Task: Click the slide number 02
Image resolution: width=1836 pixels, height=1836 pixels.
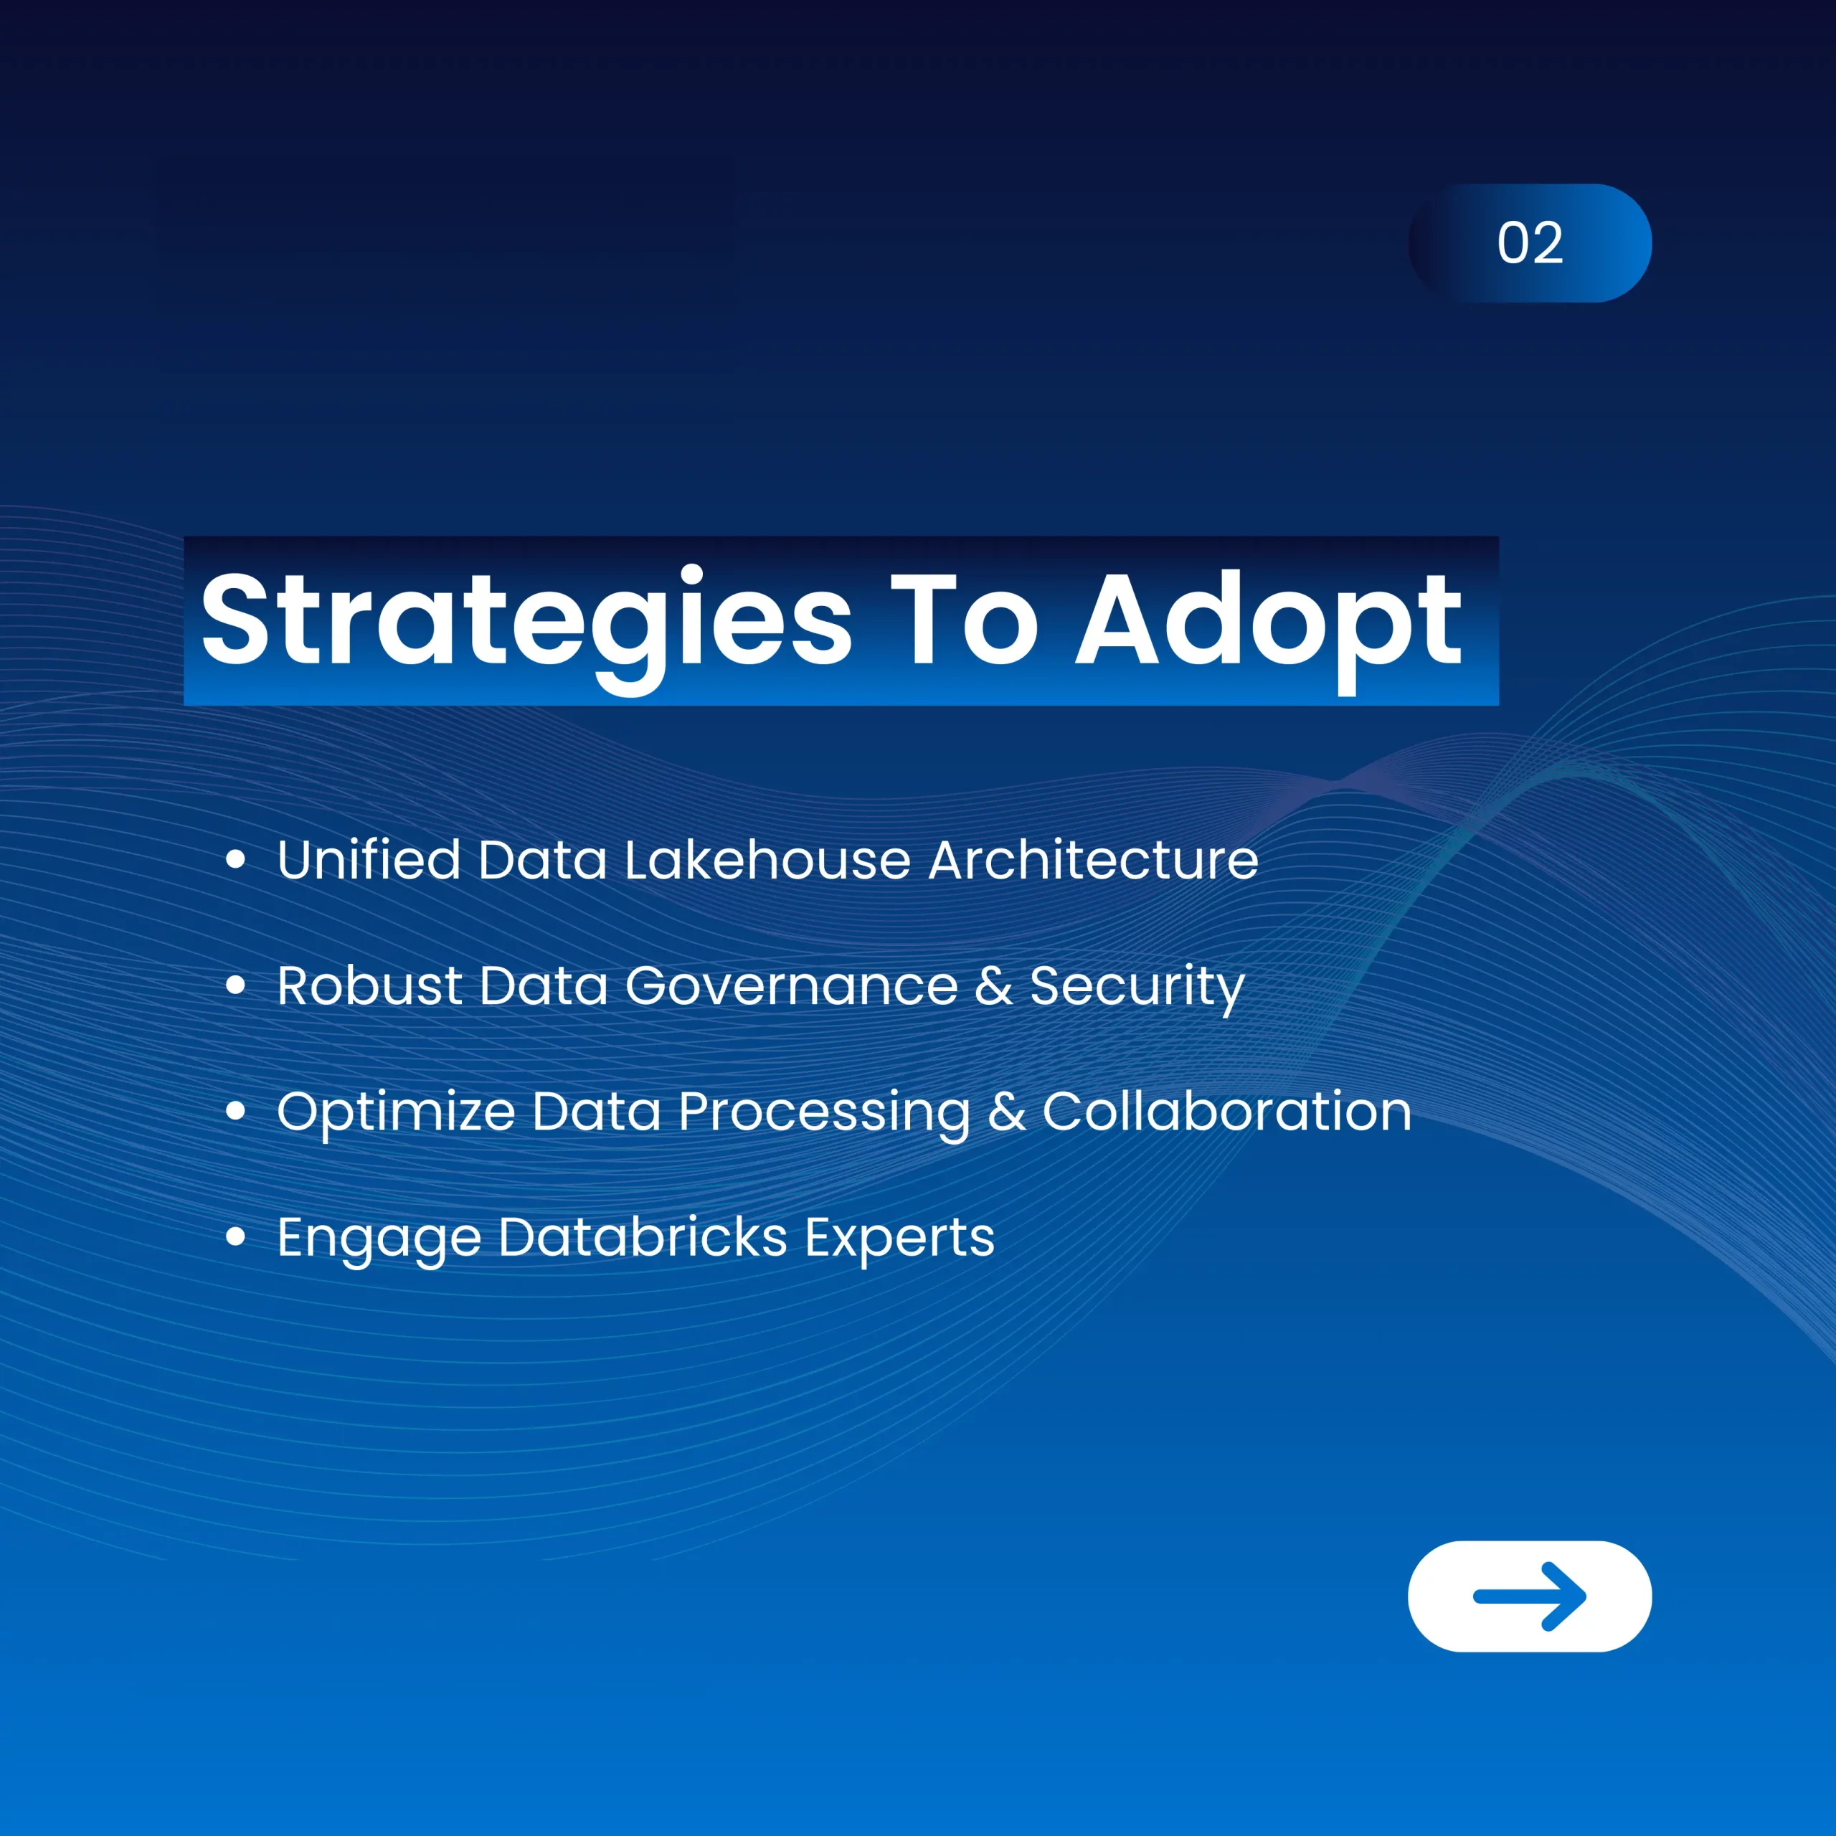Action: (x=1530, y=243)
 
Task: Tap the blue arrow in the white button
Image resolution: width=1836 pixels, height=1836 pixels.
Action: (x=1530, y=1596)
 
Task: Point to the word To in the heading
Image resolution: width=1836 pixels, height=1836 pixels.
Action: (x=964, y=619)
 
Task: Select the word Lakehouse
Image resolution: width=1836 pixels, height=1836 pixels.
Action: (x=767, y=859)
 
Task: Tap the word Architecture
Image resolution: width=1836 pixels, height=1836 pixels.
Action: (x=1093, y=859)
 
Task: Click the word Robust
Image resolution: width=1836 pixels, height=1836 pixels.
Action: (x=369, y=985)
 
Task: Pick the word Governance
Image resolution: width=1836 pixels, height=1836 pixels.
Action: (x=792, y=985)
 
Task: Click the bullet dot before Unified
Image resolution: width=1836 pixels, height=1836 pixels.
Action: (x=236, y=860)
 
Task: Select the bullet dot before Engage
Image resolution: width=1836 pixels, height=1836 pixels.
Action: (x=236, y=1236)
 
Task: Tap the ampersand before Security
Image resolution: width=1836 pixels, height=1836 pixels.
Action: (x=994, y=985)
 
